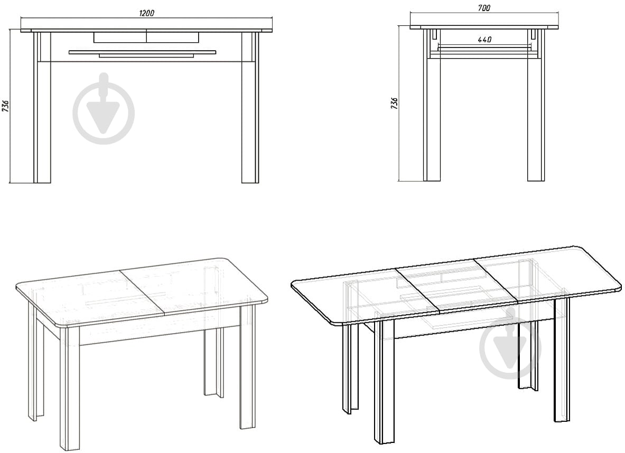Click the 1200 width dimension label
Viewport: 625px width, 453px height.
click(x=146, y=13)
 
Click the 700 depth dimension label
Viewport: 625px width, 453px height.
click(x=483, y=8)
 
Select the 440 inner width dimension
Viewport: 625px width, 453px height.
click(x=484, y=40)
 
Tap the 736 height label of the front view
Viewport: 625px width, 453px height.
click(x=6, y=106)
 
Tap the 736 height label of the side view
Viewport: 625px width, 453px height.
click(x=394, y=103)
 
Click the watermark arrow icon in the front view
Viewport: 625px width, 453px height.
click(x=104, y=108)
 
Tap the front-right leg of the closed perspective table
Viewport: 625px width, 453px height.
click(x=248, y=367)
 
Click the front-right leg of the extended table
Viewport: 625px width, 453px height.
click(x=562, y=359)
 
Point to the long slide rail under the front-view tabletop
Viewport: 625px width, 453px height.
click(x=142, y=52)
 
